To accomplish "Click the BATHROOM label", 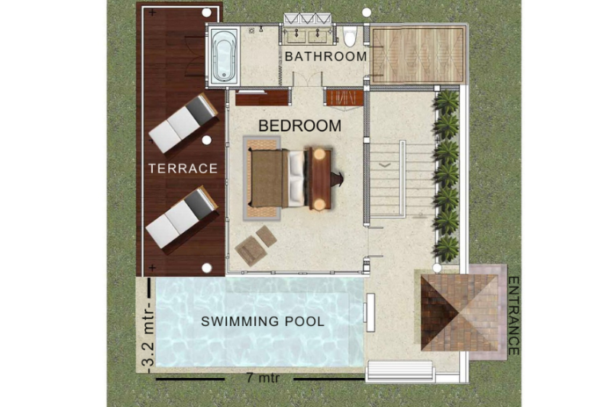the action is click(326, 57).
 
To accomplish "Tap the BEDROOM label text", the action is click(299, 126).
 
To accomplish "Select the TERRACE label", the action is click(183, 168).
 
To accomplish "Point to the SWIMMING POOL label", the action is click(262, 321).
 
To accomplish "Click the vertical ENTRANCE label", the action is click(514, 315).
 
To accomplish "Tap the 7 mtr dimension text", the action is click(263, 378).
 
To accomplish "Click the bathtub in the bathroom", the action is click(224, 55).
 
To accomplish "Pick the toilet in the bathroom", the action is click(350, 36).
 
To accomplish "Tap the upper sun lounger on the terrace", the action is click(183, 123).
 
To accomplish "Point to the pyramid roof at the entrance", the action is click(460, 313).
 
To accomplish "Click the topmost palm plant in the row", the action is click(447, 102).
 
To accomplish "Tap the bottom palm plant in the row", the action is click(447, 248).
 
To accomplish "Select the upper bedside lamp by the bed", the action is click(319, 153).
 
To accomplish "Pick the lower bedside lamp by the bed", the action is click(320, 204).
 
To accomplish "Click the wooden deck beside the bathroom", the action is click(417, 54).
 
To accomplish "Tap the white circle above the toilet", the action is click(367, 12).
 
